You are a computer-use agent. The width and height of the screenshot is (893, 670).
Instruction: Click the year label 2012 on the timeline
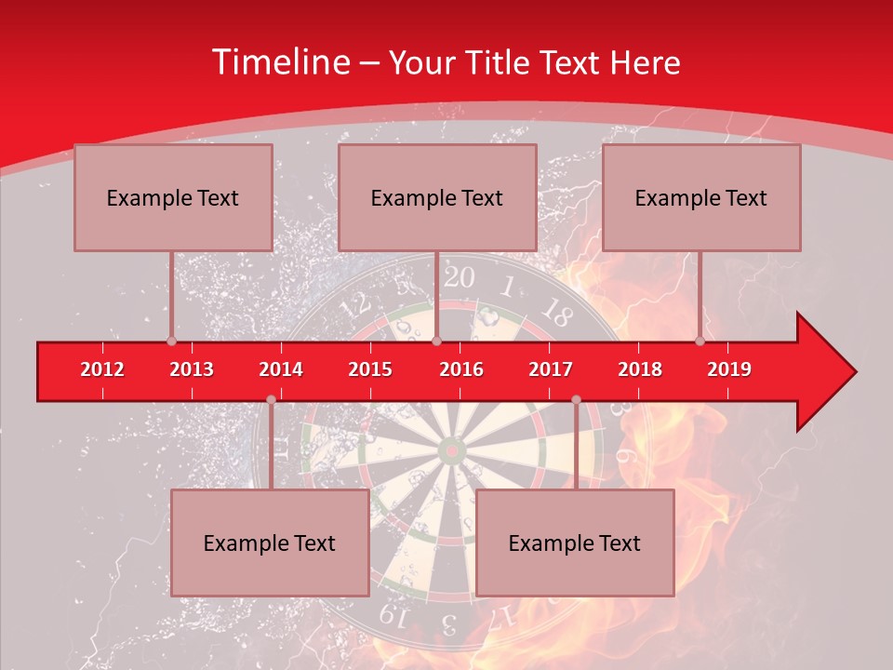[x=102, y=369]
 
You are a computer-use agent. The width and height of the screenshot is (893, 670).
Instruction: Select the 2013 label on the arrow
[x=192, y=369]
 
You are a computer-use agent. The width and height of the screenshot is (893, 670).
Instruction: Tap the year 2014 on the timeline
[x=281, y=369]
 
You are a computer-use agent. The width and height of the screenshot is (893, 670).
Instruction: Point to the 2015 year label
[x=370, y=369]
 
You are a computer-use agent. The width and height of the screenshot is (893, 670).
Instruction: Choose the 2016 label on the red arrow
[x=461, y=369]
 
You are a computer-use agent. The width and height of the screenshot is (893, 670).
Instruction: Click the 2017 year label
[x=551, y=369]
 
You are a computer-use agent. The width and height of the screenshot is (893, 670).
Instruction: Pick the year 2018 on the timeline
[x=640, y=369]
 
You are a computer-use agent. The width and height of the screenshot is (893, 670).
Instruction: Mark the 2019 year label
[x=729, y=369]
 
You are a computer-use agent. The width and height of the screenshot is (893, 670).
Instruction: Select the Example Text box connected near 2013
[x=173, y=197]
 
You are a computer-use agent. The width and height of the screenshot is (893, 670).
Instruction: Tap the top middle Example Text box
[x=437, y=197]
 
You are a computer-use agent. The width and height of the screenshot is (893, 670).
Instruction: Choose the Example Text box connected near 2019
[x=701, y=197]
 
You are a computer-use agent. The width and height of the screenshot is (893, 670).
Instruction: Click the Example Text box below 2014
[x=270, y=543]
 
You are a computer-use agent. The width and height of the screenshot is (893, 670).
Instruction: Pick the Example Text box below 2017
[x=575, y=543]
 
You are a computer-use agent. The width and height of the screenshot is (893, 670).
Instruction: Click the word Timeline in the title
[x=278, y=62]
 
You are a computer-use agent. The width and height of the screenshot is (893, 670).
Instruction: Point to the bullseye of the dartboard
[x=452, y=451]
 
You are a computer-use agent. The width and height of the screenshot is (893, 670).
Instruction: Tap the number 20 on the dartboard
[x=458, y=277]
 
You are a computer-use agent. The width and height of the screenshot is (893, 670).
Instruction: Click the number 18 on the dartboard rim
[x=555, y=309]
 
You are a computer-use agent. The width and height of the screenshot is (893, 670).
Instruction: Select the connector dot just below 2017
[x=576, y=399]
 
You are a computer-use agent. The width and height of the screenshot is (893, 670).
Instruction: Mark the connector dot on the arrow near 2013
[x=171, y=342]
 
